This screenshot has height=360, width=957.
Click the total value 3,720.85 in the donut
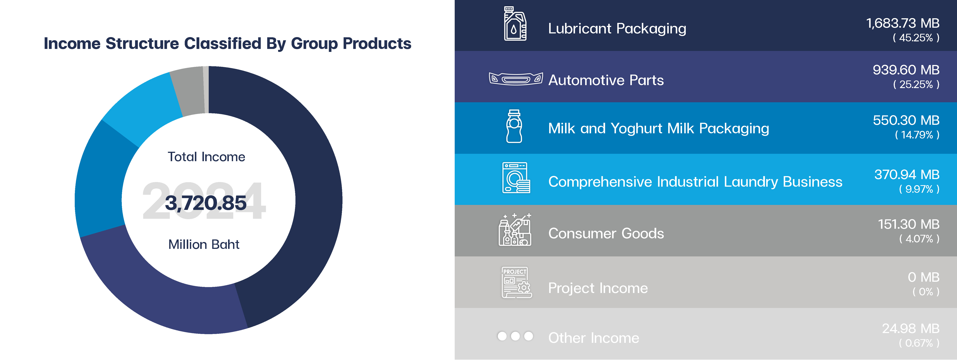pos(206,203)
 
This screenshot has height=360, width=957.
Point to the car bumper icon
pos(516,79)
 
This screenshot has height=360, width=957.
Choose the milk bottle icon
pos(514,126)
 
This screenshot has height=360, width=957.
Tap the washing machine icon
pos(516,178)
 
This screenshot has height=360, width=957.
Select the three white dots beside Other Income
pos(515,336)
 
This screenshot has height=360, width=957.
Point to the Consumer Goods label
pos(606,233)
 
